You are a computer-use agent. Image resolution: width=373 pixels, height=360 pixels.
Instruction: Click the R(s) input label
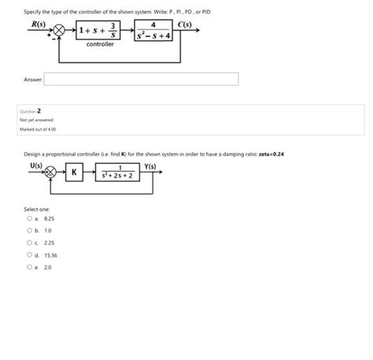click(37, 24)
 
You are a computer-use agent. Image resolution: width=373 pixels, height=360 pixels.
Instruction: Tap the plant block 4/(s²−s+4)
click(153, 33)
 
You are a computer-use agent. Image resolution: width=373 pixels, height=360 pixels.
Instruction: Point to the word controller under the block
click(100, 45)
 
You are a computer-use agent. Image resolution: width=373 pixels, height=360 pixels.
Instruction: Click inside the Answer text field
click(141, 79)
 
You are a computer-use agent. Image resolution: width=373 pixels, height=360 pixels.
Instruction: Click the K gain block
click(74, 172)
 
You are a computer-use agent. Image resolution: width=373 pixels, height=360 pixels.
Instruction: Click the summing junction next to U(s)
click(50, 172)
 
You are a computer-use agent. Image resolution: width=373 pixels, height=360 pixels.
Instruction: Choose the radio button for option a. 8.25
click(28, 217)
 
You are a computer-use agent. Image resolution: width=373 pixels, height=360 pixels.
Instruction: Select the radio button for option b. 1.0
click(28, 230)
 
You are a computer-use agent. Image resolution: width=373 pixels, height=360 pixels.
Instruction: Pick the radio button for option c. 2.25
click(28, 243)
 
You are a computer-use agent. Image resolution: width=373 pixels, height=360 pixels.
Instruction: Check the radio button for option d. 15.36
click(28, 255)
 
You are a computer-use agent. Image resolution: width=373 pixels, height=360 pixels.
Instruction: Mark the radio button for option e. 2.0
click(28, 267)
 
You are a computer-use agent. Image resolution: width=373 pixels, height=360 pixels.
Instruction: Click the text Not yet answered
click(38, 120)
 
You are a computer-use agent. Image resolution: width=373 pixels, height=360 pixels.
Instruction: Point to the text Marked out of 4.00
click(39, 128)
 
